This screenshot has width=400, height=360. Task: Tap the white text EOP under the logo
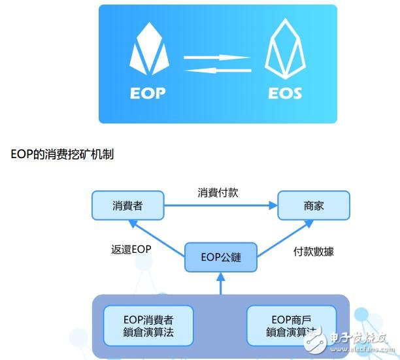[x=148, y=92]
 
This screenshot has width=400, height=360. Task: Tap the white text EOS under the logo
[x=285, y=92]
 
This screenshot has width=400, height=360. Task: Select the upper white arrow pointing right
[x=216, y=57]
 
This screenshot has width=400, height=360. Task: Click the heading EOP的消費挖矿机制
[x=62, y=155]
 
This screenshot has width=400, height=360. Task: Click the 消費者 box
[x=128, y=206]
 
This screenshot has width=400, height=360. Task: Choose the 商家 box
[x=314, y=206]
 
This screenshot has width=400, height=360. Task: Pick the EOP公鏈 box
[x=222, y=257]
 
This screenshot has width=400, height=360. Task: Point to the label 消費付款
[x=221, y=193]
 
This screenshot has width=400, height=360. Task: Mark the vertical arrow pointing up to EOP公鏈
[x=222, y=283]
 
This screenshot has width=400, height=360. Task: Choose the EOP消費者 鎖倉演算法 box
[x=148, y=326]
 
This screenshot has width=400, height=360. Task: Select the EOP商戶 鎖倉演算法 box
[x=290, y=326]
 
